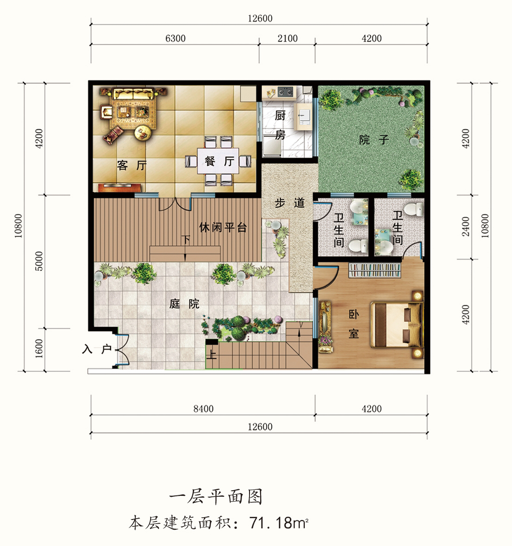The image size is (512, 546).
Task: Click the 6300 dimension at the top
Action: pos(175,38)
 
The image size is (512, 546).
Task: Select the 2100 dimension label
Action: pos(288,38)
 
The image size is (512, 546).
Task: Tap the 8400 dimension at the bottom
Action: pos(203,409)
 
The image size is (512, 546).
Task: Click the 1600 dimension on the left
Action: pos(39,348)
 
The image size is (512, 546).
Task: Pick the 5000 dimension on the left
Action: pos(39,261)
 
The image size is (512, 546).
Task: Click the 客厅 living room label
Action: pos(132,165)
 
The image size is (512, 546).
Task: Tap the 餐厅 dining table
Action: pos(218,161)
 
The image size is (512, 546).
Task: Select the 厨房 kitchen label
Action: pos(280,124)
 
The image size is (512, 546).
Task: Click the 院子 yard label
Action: pos(374,140)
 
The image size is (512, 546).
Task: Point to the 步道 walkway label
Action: pos(289,202)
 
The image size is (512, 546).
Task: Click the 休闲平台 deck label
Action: pos(223,227)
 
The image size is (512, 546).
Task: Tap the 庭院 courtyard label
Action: pos(184,304)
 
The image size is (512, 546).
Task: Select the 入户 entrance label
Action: pos(97,349)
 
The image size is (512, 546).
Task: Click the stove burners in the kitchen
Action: pos(285,92)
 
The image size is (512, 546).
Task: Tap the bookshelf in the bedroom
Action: pos(374,270)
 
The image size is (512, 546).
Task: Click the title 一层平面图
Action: pos(216,497)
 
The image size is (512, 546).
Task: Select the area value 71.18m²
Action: pos(279,523)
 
